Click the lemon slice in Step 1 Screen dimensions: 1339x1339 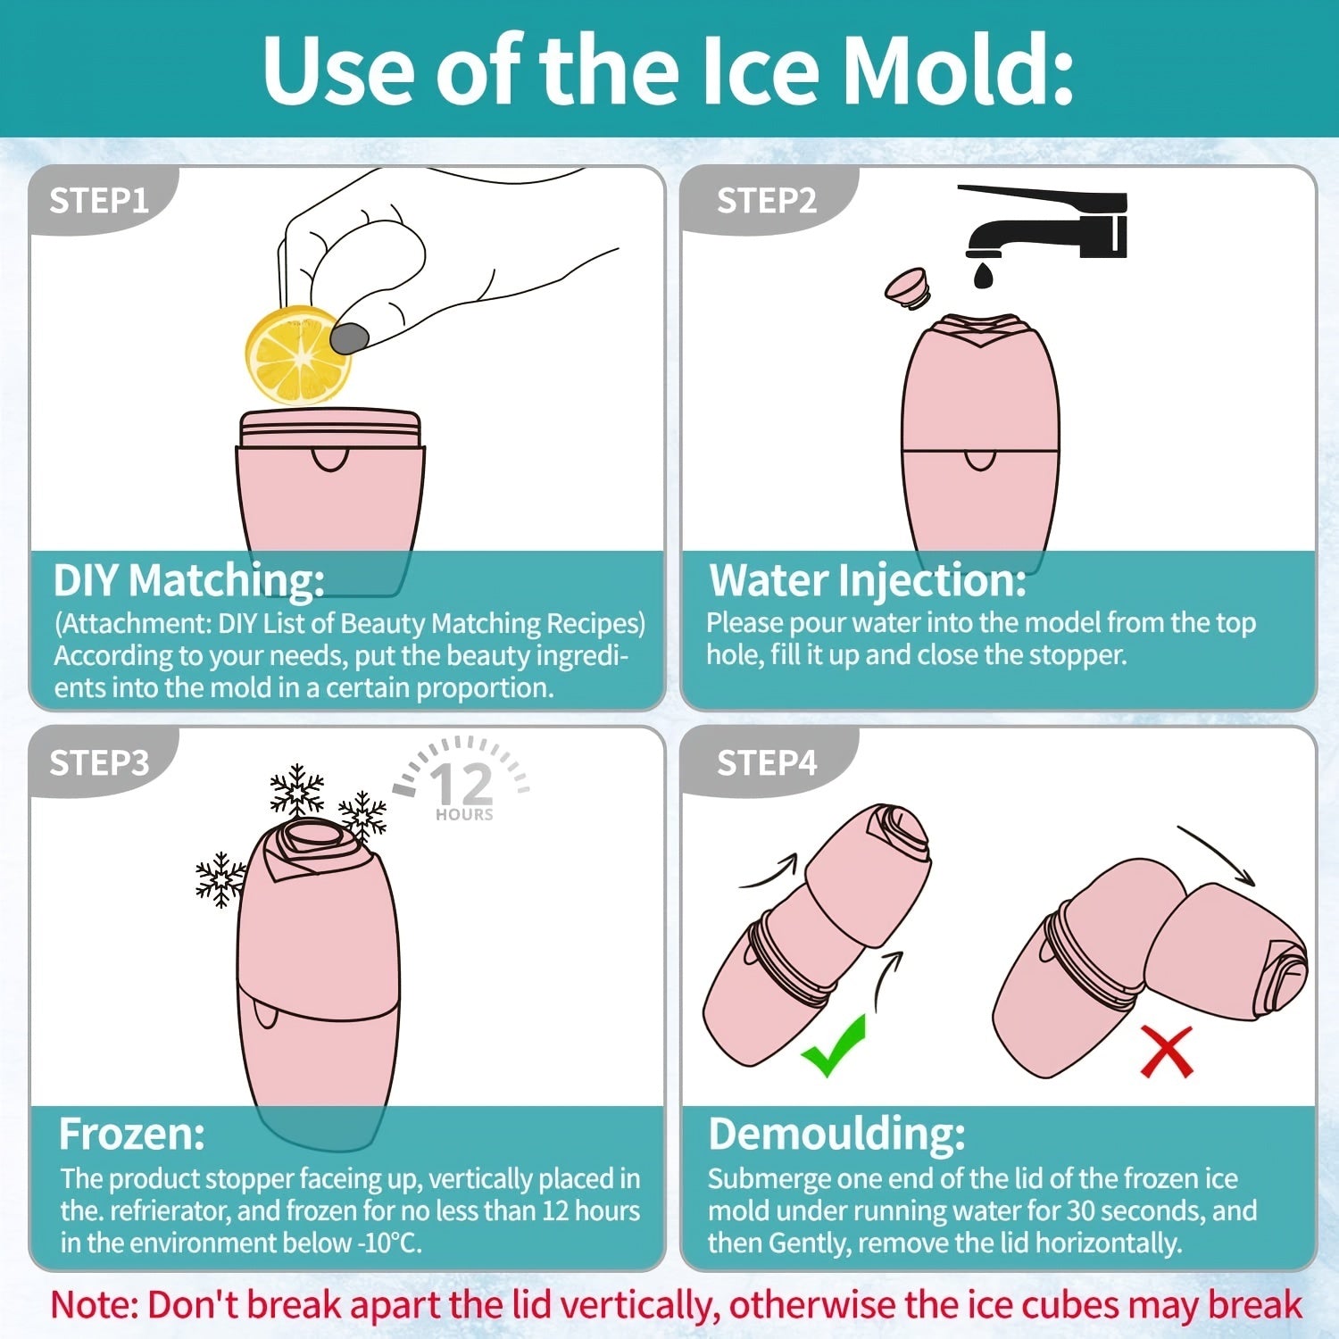click(297, 355)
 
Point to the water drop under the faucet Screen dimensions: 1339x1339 click(983, 274)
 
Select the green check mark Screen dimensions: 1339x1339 click(833, 1046)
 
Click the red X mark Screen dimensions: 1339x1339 click(1167, 1052)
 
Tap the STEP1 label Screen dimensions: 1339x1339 click(99, 201)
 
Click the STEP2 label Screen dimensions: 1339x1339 click(767, 201)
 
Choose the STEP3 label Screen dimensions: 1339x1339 click(99, 763)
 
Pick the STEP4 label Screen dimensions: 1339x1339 click(767, 763)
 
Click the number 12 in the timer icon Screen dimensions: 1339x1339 click(462, 784)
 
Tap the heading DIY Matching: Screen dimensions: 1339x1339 click(189, 581)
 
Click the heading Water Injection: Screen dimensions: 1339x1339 click(868, 581)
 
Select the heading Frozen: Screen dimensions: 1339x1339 click(132, 1135)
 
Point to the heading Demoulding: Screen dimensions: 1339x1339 click(836, 1135)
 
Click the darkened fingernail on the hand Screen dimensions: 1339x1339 click(349, 337)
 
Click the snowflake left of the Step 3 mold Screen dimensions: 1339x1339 click(220, 879)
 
